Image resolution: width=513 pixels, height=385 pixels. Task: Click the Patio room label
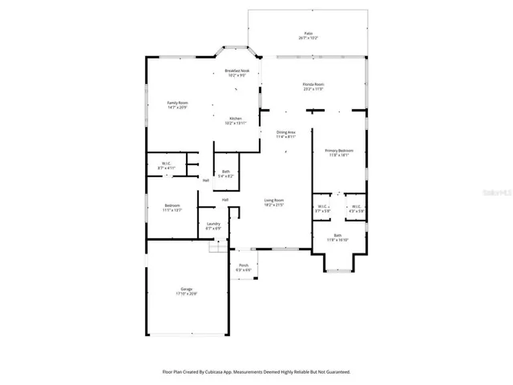click(308, 34)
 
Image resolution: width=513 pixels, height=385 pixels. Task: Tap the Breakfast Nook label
click(236, 71)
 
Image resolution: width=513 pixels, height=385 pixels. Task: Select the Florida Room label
click(313, 84)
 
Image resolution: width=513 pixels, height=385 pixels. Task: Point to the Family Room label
click(177, 103)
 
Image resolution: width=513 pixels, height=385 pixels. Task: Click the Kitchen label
click(236, 119)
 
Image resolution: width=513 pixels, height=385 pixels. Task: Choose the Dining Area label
click(286, 132)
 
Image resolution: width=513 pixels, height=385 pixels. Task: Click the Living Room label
click(275, 201)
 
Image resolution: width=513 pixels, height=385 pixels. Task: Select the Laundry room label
click(213, 224)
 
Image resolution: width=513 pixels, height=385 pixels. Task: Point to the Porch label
click(244, 265)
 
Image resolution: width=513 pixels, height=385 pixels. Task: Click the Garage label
click(186, 290)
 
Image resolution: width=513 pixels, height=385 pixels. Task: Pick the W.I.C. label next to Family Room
click(168, 163)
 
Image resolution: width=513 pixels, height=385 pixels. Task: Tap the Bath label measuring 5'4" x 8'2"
click(226, 171)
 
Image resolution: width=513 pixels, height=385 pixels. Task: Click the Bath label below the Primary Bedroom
click(338, 235)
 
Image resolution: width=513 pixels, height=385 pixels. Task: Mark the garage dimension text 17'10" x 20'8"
click(186, 294)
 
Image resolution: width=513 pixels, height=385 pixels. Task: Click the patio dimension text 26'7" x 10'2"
click(308, 38)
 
